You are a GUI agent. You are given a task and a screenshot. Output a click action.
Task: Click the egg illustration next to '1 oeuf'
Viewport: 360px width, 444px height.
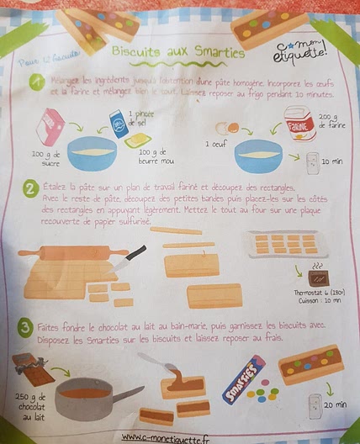tap(225, 129)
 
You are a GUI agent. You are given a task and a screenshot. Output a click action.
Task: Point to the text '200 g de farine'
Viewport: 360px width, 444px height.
tap(335, 124)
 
